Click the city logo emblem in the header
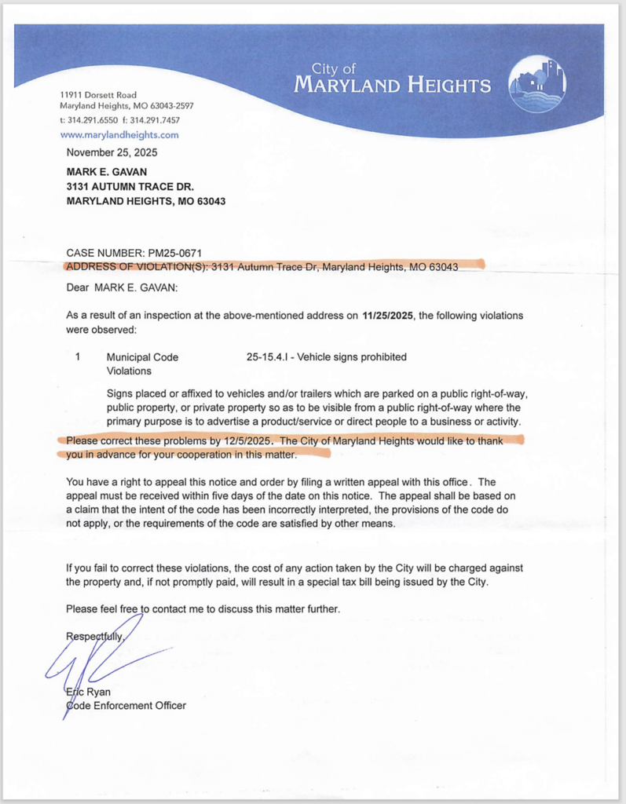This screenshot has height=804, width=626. [x=536, y=84]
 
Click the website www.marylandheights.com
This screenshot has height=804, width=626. [x=119, y=134]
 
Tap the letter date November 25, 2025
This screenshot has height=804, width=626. [x=112, y=152]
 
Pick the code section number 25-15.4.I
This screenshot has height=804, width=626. [x=273, y=357]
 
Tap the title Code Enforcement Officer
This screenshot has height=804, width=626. [x=126, y=706]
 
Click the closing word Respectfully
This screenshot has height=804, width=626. [x=95, y=636]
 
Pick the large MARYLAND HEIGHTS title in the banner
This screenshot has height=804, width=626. [x=392, y=85]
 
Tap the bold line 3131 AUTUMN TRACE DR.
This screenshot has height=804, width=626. [x=130, y=186]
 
